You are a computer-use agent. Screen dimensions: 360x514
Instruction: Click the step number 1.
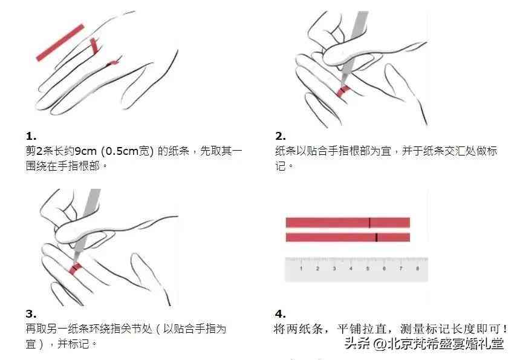coord(31,136)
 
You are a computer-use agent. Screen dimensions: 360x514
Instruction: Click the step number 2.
coord(281,136)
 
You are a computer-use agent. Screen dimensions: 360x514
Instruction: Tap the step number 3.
coord(31,314)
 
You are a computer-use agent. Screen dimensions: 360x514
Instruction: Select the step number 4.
coord(281,314)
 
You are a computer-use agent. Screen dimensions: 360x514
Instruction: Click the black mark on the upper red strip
coord(369,222)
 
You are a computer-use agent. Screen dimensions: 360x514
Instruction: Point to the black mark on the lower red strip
coord(376,237)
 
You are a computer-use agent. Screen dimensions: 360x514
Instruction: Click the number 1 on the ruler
coord(301,267)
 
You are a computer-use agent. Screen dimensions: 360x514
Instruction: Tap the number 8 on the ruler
coord(417,267)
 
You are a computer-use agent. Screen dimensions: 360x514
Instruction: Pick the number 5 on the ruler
coord(367,267)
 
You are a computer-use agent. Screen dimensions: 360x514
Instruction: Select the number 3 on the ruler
coord(334,267)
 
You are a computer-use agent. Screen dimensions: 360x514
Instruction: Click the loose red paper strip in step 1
coord(60,42)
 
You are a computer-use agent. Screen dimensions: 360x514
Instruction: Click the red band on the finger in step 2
coord(343,91)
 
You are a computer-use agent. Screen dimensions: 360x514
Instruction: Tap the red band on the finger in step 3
coord(75,268)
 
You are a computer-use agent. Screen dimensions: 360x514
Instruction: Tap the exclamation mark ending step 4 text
coord(505,329)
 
